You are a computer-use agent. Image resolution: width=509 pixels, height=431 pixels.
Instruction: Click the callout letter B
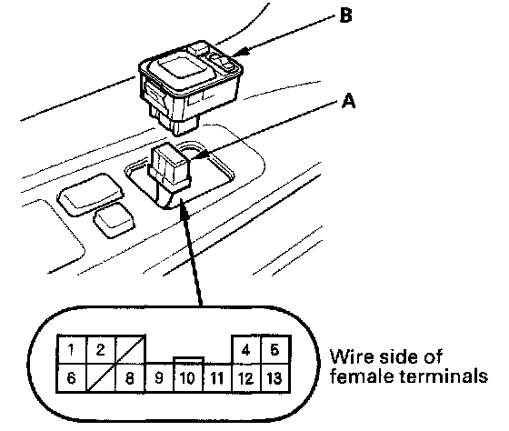pos(345,15)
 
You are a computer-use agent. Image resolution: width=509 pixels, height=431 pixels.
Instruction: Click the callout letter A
pos(349,101)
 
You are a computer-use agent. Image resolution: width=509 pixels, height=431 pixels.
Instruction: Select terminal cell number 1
pos(72,349)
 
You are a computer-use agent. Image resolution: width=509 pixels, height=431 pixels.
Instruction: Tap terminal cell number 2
pos(101,349)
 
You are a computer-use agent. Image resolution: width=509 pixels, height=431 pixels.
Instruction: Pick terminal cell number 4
pos(246,350)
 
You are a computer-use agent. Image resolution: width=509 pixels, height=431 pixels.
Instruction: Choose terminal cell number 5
pos(275,350)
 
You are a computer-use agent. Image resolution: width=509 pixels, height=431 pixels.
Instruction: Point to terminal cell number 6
pos(72,378)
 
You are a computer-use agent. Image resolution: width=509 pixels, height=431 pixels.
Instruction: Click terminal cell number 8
pos(130,378)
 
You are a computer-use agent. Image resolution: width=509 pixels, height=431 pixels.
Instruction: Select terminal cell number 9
pos(159,378)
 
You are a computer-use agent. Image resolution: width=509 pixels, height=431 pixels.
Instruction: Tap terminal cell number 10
pos(188,378)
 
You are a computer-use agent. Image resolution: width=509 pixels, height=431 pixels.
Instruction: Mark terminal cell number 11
pos(217,378)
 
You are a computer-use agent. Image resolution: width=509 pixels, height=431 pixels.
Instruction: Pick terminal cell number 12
pos(246,378)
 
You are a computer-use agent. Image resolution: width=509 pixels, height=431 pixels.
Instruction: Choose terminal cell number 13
pos(275,378)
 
